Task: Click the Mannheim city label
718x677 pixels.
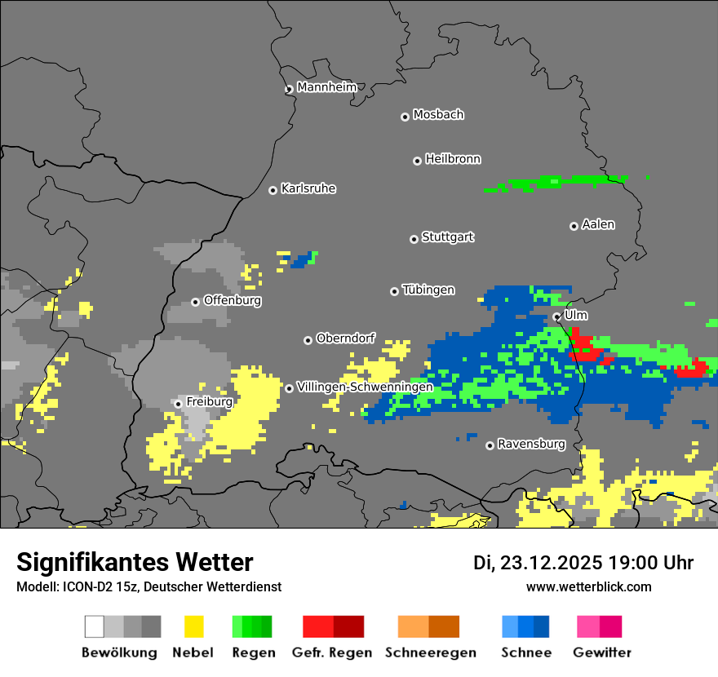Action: (326, 87)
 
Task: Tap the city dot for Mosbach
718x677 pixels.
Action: (405, 117)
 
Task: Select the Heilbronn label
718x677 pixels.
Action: (453, 159)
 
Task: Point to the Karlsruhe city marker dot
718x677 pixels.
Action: (273, 190)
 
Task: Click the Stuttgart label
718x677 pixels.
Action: (447, 237)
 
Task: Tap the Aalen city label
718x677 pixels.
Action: (598, 224)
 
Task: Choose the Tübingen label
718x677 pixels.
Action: (428, 290)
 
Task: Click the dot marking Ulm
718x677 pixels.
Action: (556, 316)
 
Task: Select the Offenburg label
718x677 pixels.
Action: (232, 301)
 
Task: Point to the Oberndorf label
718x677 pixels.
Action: (345, 338)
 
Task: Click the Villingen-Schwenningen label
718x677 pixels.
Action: (365, 387)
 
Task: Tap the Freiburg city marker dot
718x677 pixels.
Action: (178, 404)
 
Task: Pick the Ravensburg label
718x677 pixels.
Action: (531, 445)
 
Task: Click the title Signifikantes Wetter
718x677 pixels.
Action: (135, 562)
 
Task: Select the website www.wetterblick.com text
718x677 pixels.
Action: (588, 587)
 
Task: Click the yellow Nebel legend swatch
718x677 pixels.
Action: (194, 626)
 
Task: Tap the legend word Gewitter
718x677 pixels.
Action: (602, 653)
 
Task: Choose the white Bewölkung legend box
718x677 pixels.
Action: (94, 626)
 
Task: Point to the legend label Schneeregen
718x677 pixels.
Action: (430, 653)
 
